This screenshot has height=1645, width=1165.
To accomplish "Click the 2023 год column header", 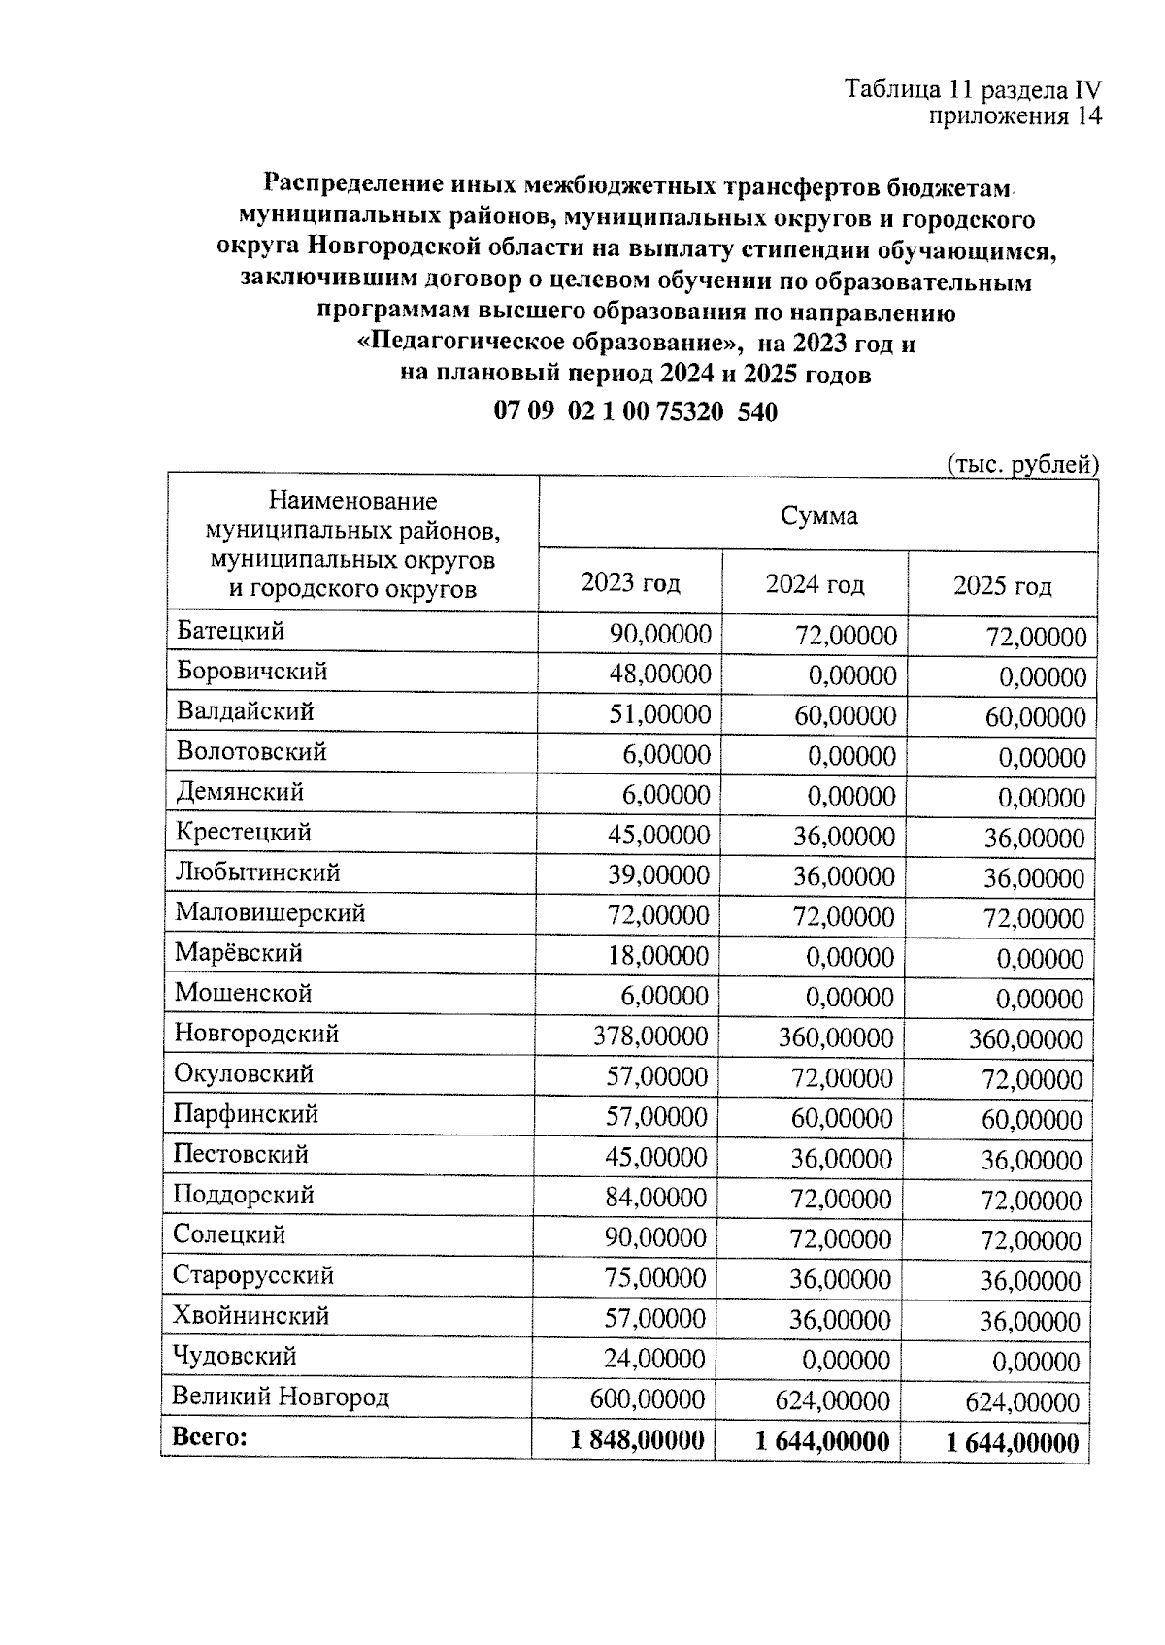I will click(630, 583).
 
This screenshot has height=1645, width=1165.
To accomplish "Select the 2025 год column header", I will click(1002, 586).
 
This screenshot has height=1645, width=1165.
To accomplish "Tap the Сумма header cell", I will click(818, 515).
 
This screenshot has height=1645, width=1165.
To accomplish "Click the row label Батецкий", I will click(230, 631).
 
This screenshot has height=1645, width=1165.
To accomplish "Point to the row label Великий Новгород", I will click(281, 1397).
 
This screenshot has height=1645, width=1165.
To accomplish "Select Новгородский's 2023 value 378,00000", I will click(650, 1036).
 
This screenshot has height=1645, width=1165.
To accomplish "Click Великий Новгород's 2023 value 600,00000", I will click(648, 1399).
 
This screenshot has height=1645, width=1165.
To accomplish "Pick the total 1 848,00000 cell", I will click(638, 1440).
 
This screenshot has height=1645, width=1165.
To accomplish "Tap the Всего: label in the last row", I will click(210, 1436).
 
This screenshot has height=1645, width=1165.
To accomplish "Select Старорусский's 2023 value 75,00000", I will click(655, 1278).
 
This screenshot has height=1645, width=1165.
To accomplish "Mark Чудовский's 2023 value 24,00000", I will click(654, 1359).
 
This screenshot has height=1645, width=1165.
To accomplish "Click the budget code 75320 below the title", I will click(689, 411).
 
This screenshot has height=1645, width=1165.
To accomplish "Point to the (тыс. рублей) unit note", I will click(1021, 464).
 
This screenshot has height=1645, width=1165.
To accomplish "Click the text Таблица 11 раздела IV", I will click(973, 90).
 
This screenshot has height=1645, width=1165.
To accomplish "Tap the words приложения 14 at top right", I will click(1015, 117).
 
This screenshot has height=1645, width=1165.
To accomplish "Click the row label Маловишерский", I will click(270, 912).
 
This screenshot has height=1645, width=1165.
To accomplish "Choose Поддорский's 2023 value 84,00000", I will click(655, 1198).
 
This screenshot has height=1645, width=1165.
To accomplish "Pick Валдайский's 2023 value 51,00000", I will click(659, 715).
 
